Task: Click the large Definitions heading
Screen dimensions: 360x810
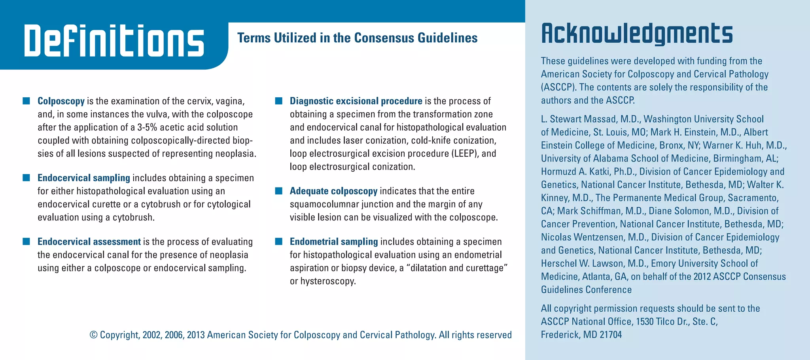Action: (114, 41)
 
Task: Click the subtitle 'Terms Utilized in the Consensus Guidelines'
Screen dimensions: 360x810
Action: (357, 38)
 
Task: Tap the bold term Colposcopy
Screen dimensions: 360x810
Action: (61, 101)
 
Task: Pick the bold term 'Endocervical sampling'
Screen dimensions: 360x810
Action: (83, 178)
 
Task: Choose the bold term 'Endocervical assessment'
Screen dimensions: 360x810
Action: (89, 242)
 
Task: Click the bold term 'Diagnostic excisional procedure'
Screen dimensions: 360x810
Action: (356, 101)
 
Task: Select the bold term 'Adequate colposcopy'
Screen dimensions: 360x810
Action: (333, 191)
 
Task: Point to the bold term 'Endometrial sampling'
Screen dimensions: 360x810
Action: (334, 242)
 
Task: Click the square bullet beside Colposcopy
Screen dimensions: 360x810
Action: (26, 101)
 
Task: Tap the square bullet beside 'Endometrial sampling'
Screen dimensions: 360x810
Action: (279, 241)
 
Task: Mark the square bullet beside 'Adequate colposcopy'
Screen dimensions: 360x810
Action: (279, 191)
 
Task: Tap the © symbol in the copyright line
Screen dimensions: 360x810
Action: (93, 335)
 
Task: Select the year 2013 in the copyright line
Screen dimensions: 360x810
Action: (196, 335)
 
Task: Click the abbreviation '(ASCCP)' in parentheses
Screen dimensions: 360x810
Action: (558, 87)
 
